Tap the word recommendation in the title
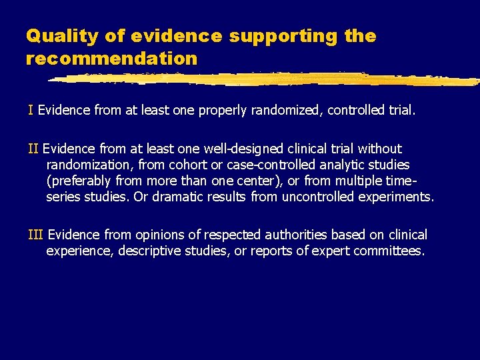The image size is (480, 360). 111,58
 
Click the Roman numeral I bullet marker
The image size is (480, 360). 31,109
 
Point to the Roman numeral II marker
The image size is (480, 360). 33,148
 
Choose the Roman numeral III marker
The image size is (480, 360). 35,235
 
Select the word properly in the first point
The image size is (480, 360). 221,109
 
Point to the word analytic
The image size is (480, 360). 339,164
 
